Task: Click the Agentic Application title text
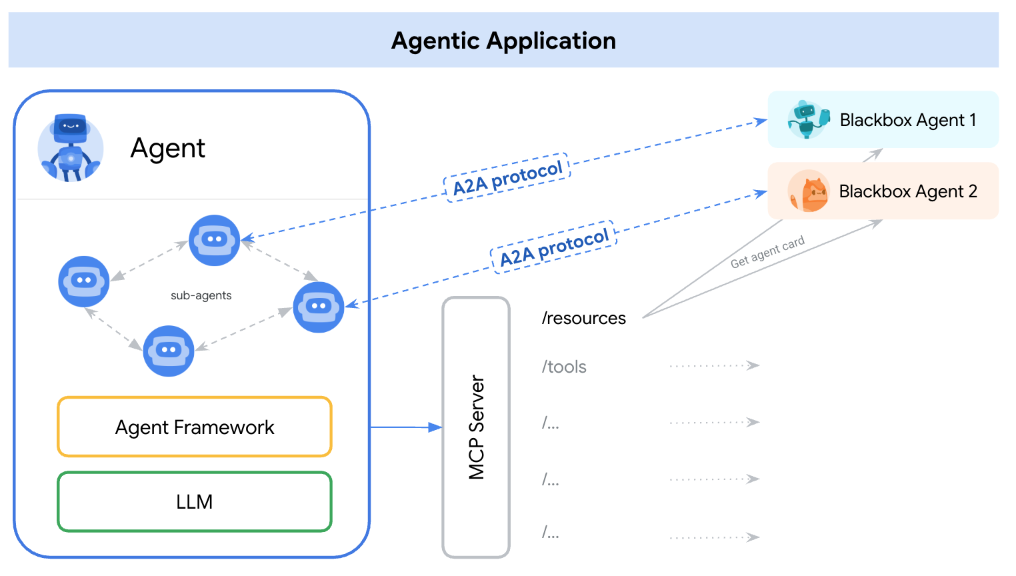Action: tap(503, 41)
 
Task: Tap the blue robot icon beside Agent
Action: tap(71, 148)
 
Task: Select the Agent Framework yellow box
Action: tap(195, 427)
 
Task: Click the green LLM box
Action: tap(195, 501)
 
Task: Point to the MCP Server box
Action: tap(476, 427)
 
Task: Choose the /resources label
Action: tap(583, 318)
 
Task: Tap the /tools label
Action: tap(564, 367)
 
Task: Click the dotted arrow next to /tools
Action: tap(714, 365)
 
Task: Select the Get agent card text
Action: tap(767, 252)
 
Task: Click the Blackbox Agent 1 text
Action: tap(907, 120)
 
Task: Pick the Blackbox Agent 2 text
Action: tap(907, 191)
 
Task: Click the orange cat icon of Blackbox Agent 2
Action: tap(809, 191)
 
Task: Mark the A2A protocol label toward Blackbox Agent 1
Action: tap(507, 178)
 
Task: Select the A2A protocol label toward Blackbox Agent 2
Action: tap(554, 247)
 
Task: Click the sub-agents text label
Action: tap(201, 295)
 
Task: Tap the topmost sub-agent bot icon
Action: tap(214, 240)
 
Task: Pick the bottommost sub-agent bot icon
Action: tap(169, 351)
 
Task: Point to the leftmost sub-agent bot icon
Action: tap(84, 281)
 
